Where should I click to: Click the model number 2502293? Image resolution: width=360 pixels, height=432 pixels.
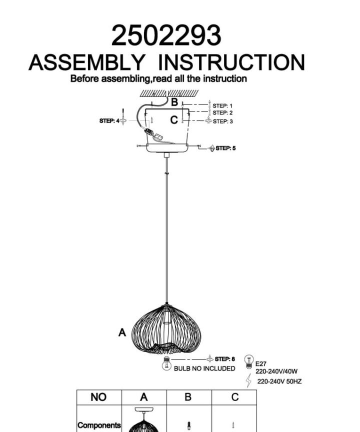click(166, 35)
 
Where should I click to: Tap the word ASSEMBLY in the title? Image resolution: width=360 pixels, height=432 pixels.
click(87, 62)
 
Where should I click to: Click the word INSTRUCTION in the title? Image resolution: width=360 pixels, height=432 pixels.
click(231, 62)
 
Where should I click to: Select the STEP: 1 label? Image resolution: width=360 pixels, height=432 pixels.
click(222, 106)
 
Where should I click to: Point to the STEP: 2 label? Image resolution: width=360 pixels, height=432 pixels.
click(222, 112)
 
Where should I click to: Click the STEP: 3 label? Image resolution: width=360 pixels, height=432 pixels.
click(222, 121)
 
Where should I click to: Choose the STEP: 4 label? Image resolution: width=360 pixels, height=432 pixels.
click(109, 120)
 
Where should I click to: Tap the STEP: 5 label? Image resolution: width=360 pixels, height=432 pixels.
click(225, 148)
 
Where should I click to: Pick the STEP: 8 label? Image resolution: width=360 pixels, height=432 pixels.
click(225, 359)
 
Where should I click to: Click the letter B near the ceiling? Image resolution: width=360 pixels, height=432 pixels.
click(174, 102)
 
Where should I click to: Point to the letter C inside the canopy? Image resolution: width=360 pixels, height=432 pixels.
click(174, 120)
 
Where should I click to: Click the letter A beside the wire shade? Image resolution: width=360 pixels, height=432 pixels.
click(122, 332)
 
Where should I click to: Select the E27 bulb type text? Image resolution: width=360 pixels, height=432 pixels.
click(260, 364)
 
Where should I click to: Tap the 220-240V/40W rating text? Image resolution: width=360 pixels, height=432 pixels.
click(276, 371)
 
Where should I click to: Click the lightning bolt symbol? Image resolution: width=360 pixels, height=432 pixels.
click(248, 380)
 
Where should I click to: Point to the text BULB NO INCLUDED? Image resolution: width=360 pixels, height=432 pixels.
click(204, 368)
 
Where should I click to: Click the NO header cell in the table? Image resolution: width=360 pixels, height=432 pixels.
click(98, 397)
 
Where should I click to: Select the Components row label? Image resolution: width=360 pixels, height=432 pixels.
click(99, 425)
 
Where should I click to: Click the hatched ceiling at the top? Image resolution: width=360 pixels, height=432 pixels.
click(169, 93)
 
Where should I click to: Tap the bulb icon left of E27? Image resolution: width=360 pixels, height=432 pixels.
click(248, 361)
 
